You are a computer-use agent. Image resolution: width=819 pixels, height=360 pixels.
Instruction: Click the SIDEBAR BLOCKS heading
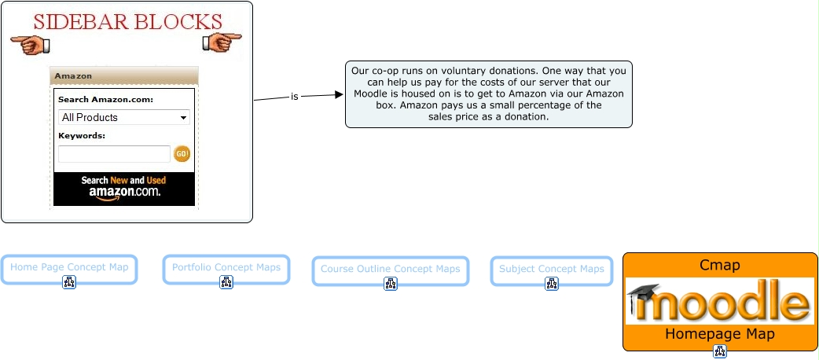(x=127, y=21)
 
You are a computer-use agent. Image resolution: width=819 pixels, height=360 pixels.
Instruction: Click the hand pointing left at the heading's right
(x=222, y=42)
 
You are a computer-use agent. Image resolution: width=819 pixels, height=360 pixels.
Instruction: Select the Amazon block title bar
(x=124, y=76)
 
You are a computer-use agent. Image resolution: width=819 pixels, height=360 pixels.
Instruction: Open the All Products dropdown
(x=124, y=117)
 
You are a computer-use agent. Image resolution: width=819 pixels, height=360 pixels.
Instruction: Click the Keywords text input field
(x=114, y=154)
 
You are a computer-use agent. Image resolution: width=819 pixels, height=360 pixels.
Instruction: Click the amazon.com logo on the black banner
(x=124, y=192)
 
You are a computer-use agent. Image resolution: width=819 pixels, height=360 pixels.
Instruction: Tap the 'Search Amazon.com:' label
(x=105, y=100)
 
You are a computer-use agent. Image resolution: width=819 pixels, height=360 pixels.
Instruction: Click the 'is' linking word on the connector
(x=295, y=97)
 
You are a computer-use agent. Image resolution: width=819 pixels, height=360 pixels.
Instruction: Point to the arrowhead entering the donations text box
(x=340, y=94)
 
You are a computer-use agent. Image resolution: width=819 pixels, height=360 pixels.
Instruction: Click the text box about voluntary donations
(x=488, y=94)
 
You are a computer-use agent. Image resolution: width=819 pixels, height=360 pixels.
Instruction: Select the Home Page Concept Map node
(x=69, y=268)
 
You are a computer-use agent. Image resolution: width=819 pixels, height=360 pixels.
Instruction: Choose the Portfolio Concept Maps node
(x=226, y=268)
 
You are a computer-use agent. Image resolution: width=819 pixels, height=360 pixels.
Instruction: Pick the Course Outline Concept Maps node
(x=390, y=270)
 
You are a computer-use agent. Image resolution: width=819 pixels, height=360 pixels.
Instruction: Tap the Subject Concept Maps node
(x=552, y=270)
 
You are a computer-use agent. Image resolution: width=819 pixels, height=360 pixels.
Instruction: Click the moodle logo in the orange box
(x=719, y=301)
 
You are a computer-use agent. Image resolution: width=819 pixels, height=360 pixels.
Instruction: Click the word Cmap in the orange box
(x=719, y=265)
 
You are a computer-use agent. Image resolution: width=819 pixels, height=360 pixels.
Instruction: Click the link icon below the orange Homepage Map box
(x=719, y=351)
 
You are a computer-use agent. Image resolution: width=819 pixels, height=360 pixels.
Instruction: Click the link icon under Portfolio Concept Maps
(x=226, y=282)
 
